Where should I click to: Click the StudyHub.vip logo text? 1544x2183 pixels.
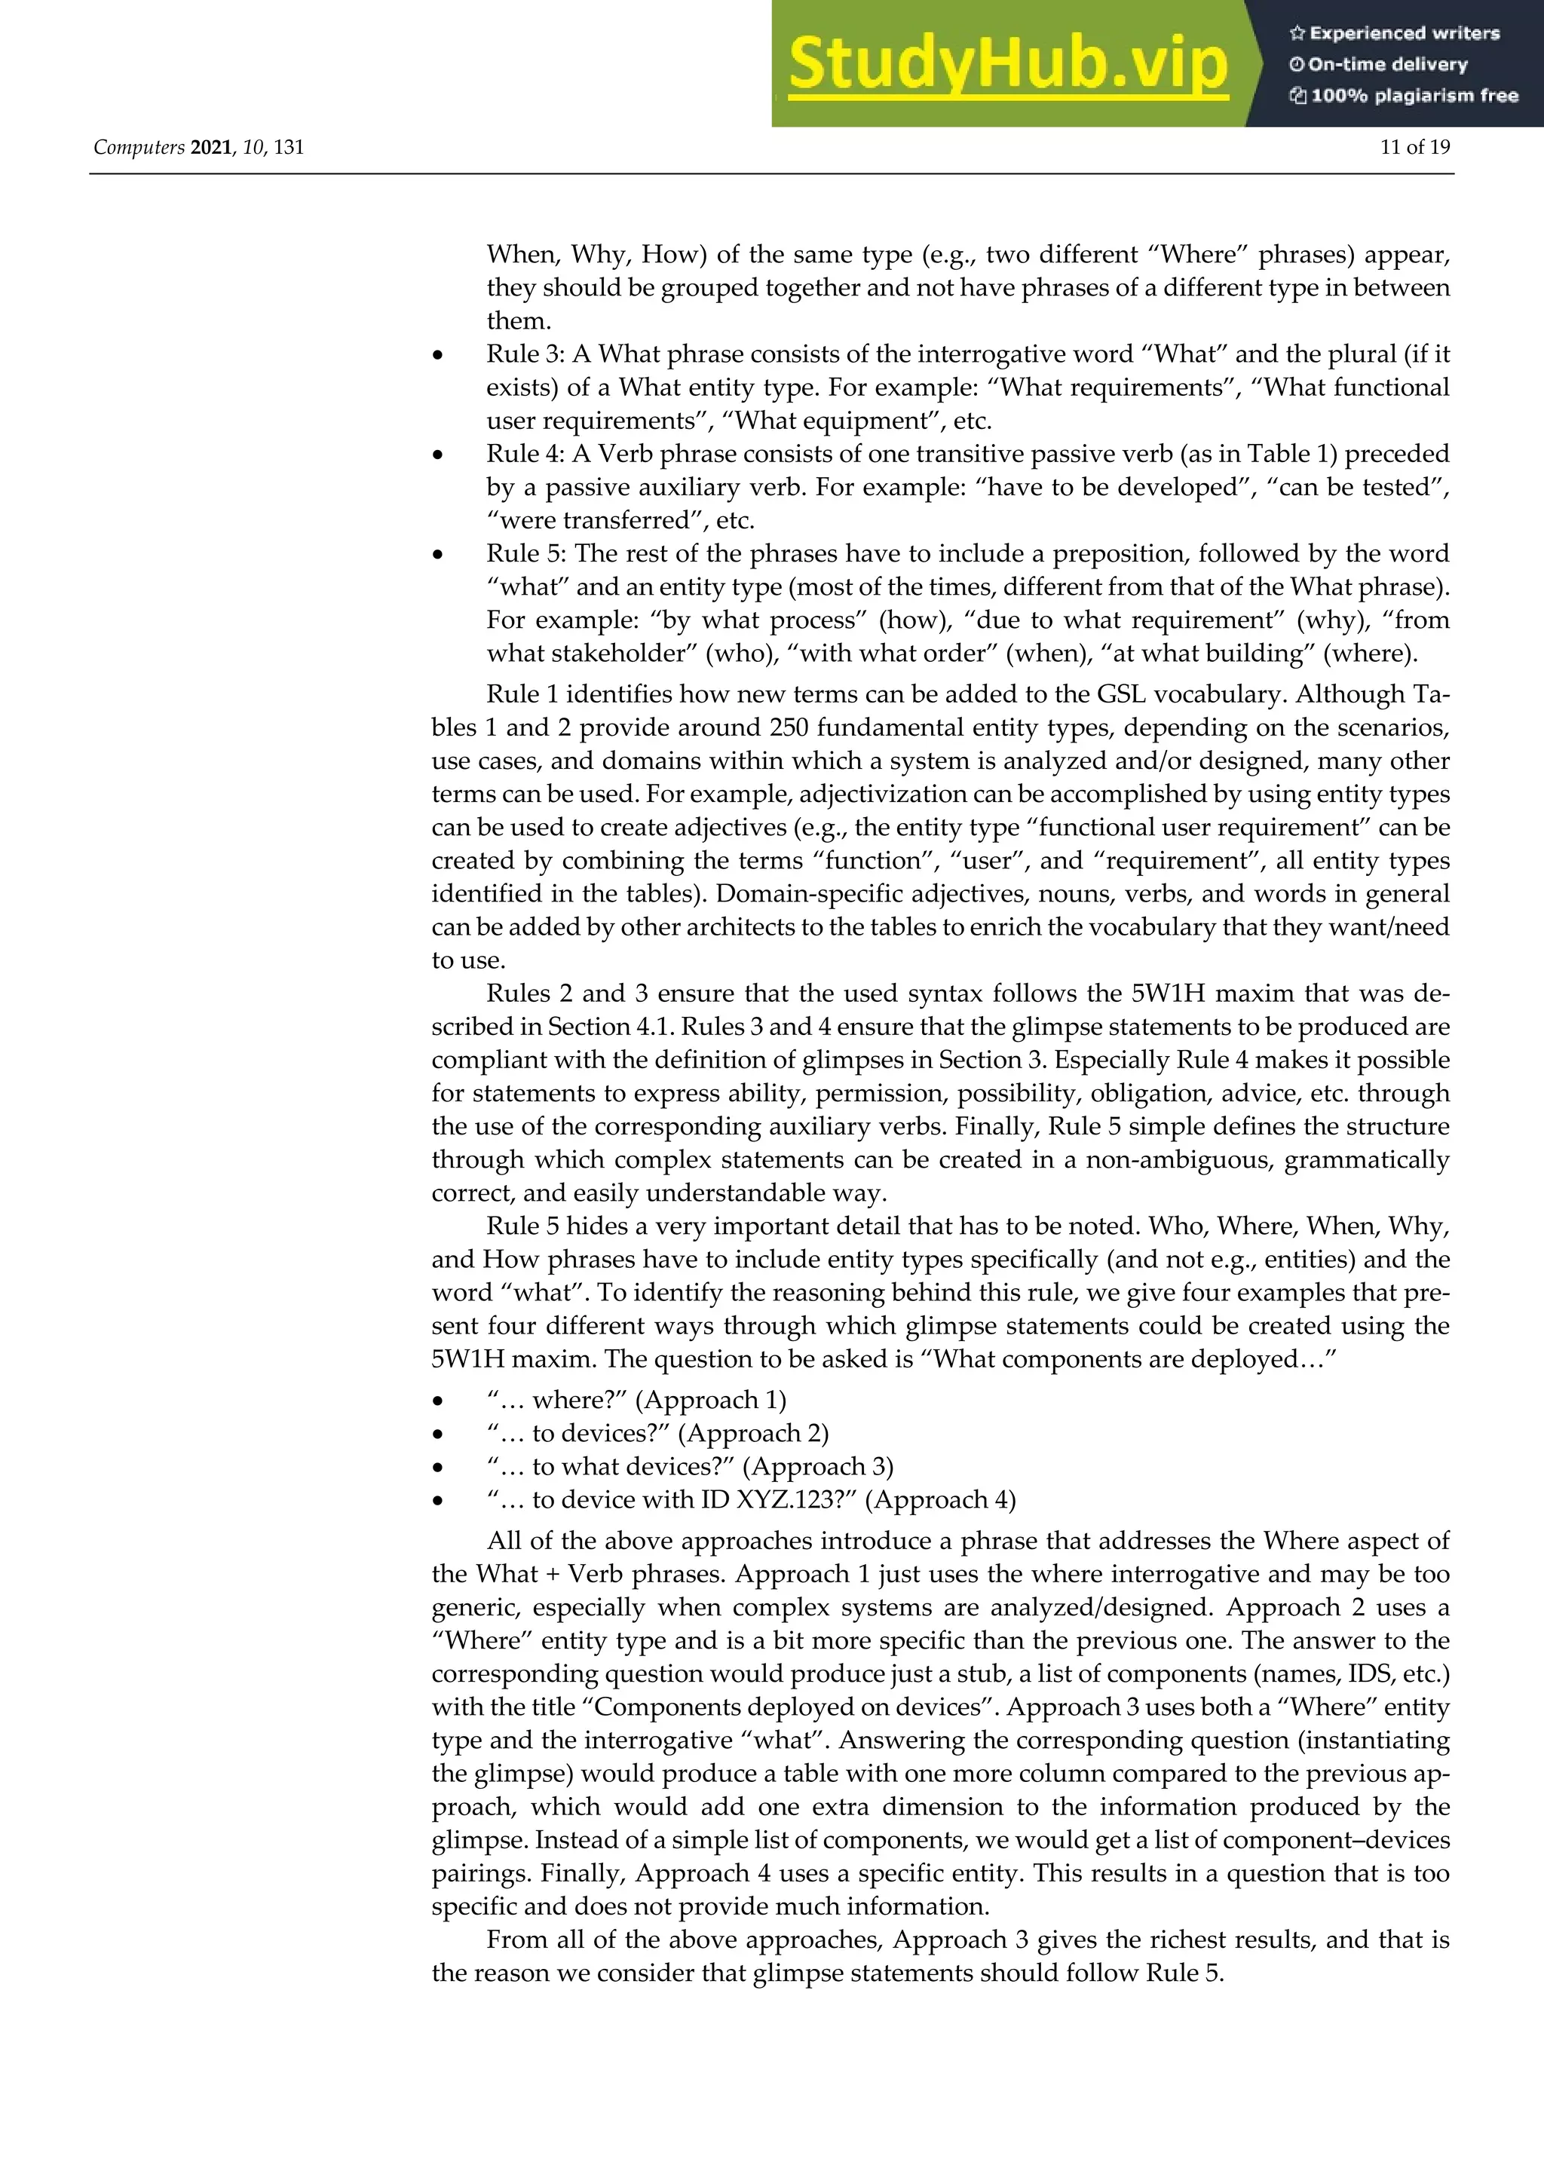pos(1008,65)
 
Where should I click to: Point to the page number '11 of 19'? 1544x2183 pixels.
pos(1414,148)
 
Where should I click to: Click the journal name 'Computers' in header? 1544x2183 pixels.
pos(139,148)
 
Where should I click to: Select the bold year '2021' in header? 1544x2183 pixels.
pos(211,148)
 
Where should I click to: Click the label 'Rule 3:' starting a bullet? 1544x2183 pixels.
pos(525,354)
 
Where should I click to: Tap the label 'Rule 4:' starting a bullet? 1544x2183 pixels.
pos(525,454)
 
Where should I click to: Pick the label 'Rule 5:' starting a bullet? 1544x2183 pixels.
pos(525,553)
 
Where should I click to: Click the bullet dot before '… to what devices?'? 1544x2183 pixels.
pos(437,1467)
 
